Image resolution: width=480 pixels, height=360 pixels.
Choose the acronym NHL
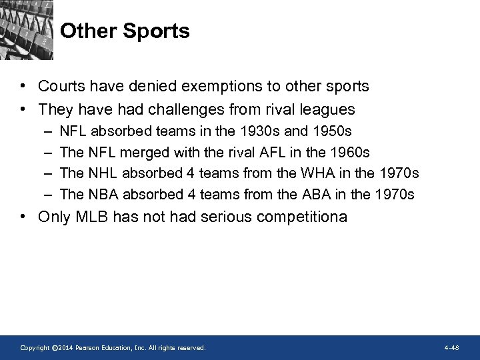pos(102,173)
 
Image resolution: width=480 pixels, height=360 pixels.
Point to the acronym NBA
pos(102,194)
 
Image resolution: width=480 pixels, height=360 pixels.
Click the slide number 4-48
pos(451,348)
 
